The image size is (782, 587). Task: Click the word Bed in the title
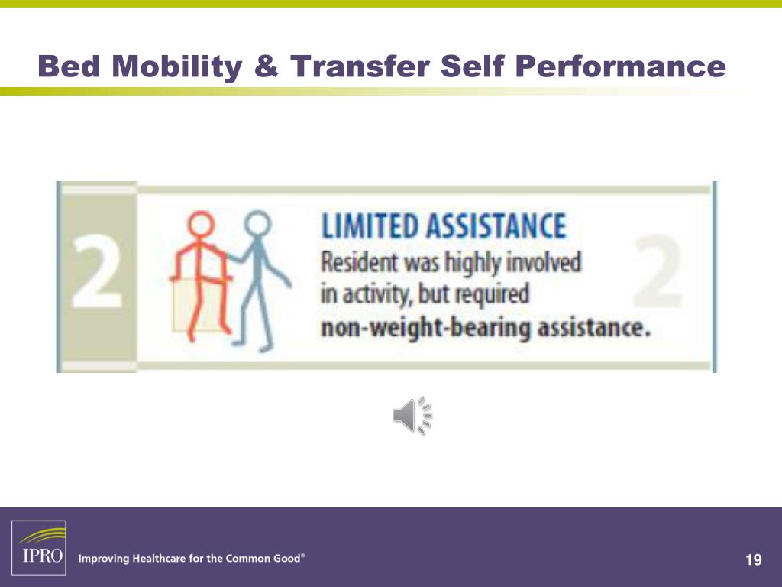(x=69, y=67)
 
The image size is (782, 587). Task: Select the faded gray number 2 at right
(x=658, y=273)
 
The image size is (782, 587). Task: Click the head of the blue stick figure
(x=257, y=225)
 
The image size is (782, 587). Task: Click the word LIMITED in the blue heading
(x=370, y=227)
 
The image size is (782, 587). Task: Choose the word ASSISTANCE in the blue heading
(x=496, y=227)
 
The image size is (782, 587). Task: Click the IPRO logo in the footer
(x=38, y=547)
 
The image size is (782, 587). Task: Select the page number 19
(x=753, y=561)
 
